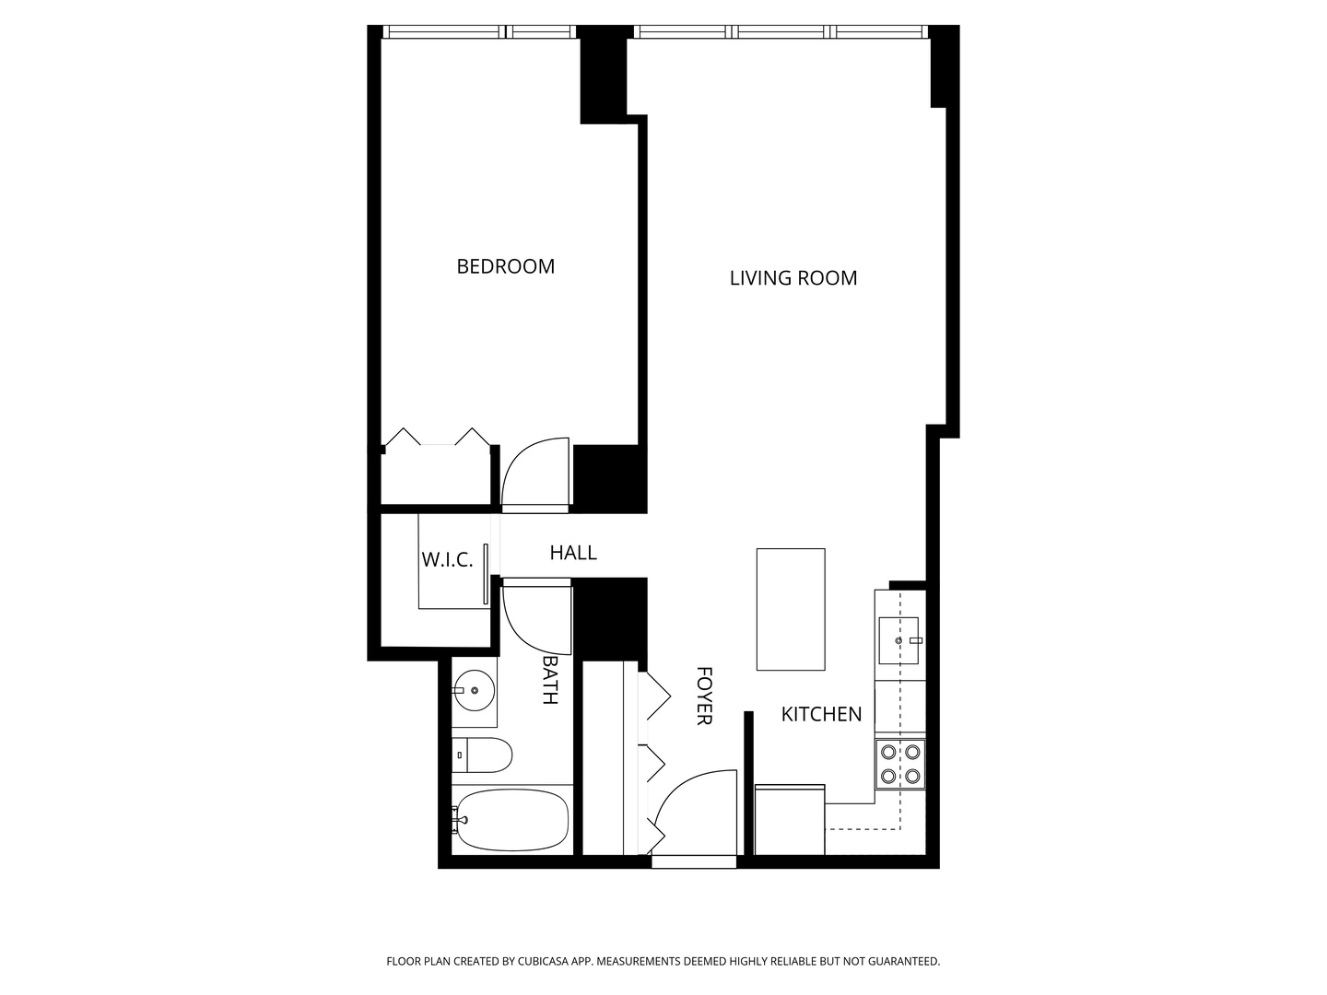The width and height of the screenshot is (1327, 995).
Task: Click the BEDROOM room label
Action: point(506,266)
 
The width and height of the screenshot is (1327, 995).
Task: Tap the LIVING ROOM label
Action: point(793,278)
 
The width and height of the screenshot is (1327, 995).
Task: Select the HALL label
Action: point(573,553)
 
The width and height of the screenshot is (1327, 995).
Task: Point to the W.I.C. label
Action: point(447,559)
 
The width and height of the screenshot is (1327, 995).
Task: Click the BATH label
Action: point(550,680)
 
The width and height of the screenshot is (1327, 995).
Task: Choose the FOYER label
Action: point(703,696)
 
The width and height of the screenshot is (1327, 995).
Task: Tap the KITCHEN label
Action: point(821,714)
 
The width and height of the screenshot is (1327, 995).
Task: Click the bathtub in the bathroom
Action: point(512,820)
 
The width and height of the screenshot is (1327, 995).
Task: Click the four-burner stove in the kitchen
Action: point(900,764)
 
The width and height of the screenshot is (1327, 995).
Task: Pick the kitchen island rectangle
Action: point(791,609)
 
